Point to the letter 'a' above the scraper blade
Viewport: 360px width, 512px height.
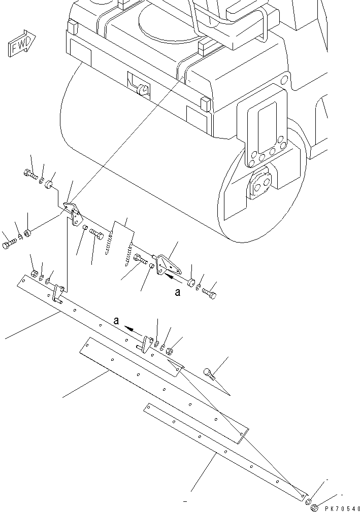coord(116,321)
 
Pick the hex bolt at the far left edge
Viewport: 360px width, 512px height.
coord(10,246)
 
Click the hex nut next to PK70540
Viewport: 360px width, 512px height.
coord(314,506)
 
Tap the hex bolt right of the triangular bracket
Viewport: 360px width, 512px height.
coord(209,293)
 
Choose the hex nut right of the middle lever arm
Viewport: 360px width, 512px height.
coord(170,350)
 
